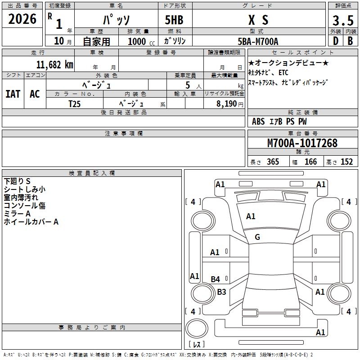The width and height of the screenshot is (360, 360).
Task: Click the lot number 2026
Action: (x=22, y=19)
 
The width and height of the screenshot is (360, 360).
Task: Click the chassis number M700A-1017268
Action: (x=302, y=143)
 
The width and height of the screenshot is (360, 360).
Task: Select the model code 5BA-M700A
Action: (x=258, y=42)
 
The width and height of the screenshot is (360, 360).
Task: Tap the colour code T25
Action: (x=75, y=103)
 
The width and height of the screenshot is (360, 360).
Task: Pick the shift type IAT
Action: (x=13, y=94)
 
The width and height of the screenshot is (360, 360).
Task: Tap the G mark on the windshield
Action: (x=257, y=237)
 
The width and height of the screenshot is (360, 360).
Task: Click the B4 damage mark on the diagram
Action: (x=216, y=279)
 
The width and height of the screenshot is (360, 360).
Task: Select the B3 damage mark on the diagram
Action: (x=221, y=292)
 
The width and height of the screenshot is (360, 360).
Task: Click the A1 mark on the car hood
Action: (x=251, y=216)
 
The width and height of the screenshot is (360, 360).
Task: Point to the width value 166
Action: (x=310, y=162)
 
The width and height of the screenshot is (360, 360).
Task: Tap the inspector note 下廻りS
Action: (x=17, y=181)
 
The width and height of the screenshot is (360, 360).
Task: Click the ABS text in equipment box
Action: (x=258, y=121)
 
